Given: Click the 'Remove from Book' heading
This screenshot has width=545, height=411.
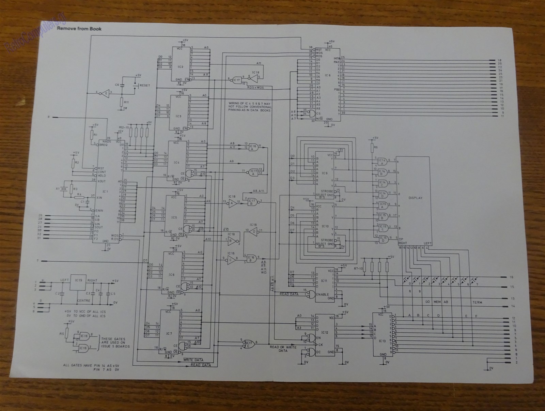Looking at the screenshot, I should click(x=79, y=29).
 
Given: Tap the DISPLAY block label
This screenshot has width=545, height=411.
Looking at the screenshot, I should click(x=415, y=198).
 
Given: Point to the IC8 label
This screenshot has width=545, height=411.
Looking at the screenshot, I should click(x=327, y=75).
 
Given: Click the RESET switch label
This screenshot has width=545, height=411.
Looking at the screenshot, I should click(x=145, y=85).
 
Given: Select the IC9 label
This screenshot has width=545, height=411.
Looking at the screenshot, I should click(x=324, y=173).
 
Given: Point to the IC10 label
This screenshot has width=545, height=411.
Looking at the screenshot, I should click(x=325, y=226).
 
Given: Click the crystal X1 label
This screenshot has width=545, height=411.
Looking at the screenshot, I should click(x=58, y=188).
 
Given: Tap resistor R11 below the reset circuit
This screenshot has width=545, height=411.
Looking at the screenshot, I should click(x=126, y=102).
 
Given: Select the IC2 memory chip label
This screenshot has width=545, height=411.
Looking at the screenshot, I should click(x=181, y=66).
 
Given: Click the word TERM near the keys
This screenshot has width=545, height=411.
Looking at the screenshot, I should click(x=477, y=302).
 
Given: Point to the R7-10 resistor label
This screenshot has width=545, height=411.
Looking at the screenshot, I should click(x=358, y=269).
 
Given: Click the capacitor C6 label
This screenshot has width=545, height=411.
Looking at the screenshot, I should click(x=117, y=84).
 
